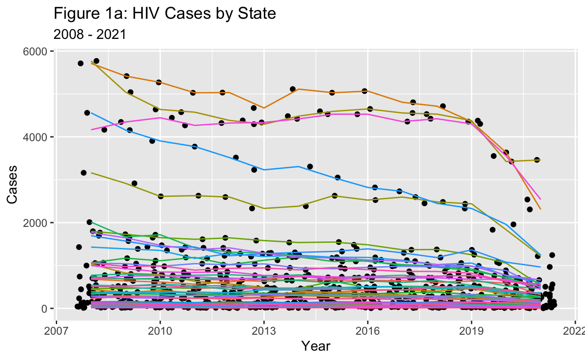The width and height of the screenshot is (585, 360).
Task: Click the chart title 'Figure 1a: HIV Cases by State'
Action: coord(165,14)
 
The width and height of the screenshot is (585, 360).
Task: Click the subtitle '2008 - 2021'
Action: coord(90,34)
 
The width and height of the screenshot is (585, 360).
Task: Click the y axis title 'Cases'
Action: coord(13,184)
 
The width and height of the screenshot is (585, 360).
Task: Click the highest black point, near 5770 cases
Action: coord(96,61)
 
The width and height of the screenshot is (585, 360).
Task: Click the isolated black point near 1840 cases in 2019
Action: coord(492,230)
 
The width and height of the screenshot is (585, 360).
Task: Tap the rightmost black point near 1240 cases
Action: coord(552,255)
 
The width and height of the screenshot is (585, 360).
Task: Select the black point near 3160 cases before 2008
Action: coord(83,173)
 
